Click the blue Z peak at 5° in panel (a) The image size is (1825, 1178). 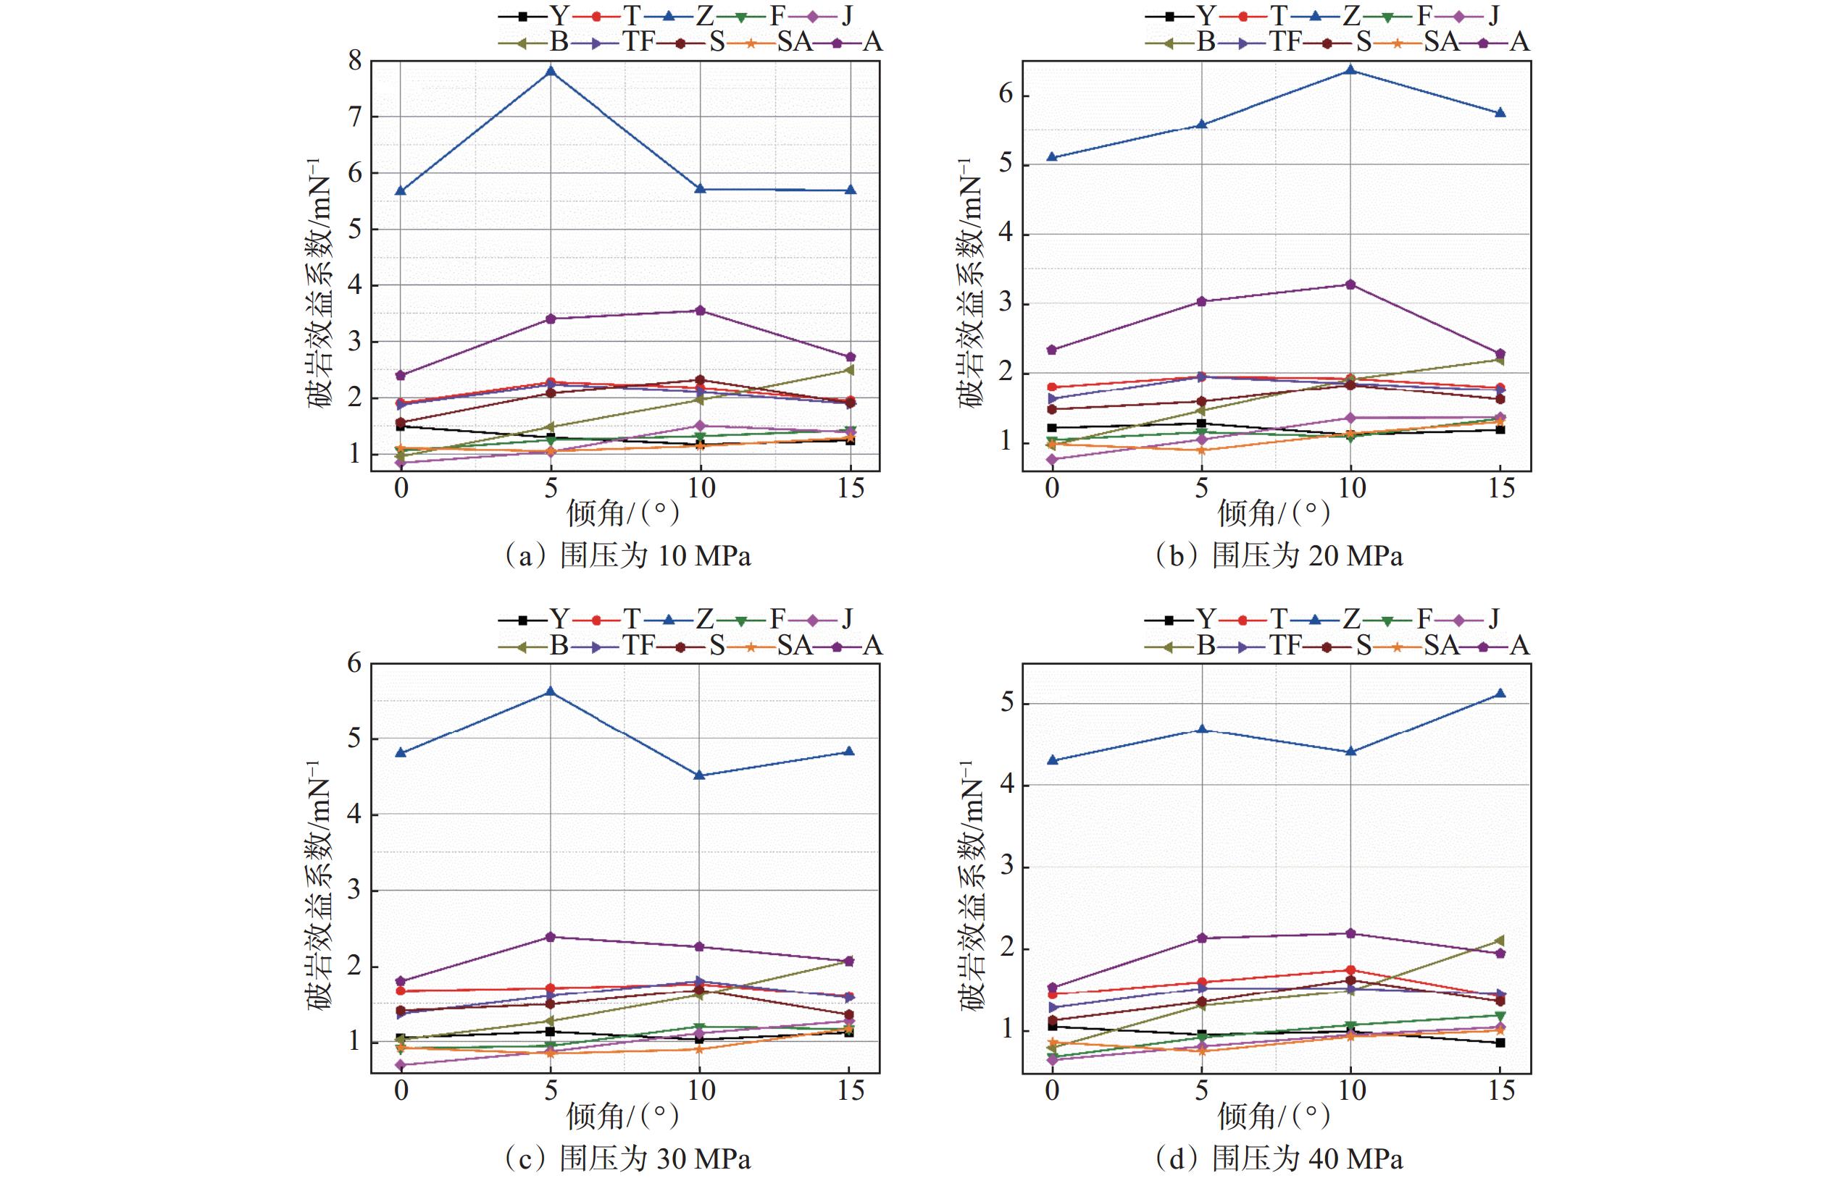[550, 71]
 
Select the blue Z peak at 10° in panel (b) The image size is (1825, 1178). [1350, 70]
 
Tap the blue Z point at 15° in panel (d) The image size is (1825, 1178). [1500, 693]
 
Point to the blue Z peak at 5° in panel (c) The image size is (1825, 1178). [550, 691]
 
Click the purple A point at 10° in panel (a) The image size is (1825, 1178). [700, 311]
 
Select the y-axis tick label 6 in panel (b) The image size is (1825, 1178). [1006, 95]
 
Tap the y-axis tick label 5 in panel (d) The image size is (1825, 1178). [1006, 703]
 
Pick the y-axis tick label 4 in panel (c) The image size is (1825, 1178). [355, 814]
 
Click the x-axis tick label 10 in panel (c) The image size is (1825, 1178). [700, 1091]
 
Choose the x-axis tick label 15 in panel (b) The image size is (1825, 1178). [1500, 487]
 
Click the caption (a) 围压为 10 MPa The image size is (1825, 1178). [627, 555]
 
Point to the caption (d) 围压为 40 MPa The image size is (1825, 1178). [1278, 1159]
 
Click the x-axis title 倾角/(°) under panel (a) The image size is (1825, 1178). [623, 513]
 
